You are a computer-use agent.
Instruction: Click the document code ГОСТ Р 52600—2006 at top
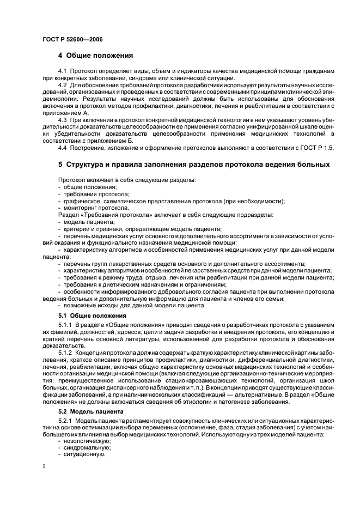72,39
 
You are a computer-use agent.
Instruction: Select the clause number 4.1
62,72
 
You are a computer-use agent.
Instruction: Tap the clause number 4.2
62,85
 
